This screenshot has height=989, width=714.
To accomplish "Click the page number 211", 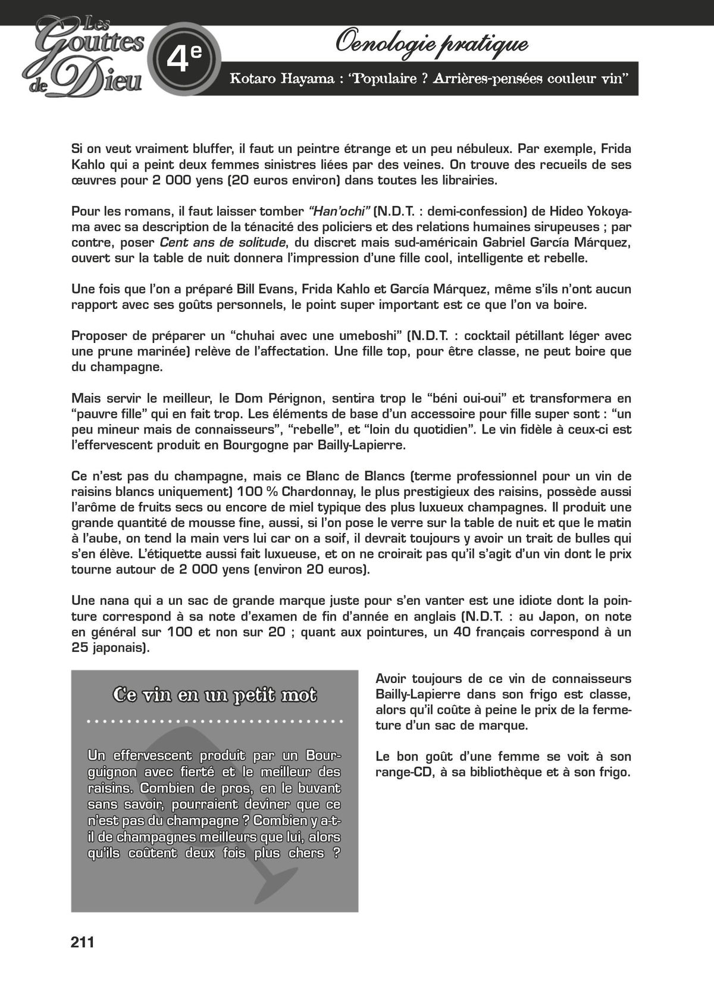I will pos(83,943).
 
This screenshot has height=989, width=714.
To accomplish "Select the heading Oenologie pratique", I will pos(431,43).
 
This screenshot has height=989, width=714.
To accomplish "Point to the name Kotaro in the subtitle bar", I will pos(252,79).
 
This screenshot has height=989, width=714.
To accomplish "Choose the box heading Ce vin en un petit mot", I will pos(215,695).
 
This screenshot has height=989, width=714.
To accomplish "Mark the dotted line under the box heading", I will pos(215,721).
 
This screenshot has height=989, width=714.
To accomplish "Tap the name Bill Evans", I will pos(265,289).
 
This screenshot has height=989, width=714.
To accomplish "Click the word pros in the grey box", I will pos(213,788).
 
